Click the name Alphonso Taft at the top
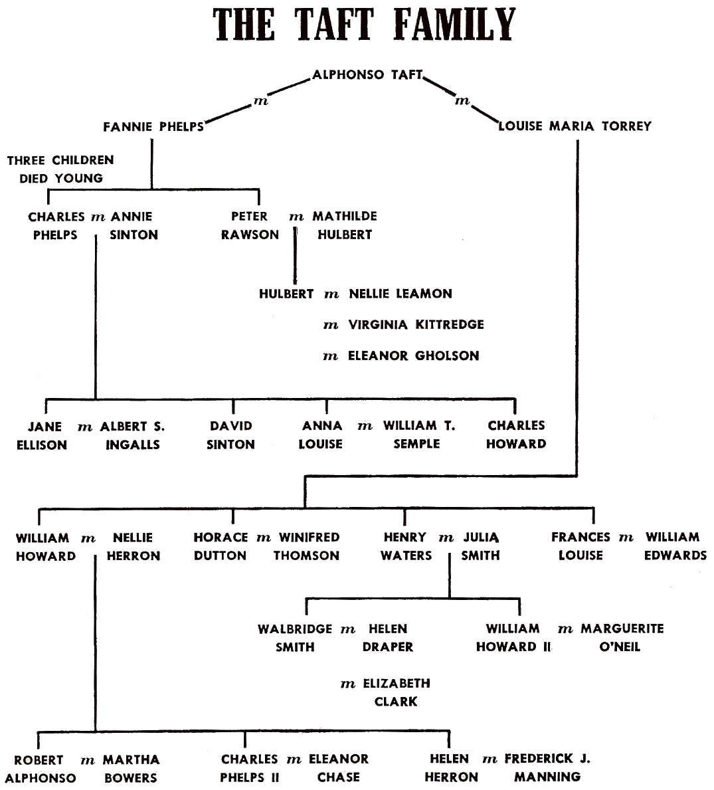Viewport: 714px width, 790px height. point(367,74)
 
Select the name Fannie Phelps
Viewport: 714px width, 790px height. point(153,126)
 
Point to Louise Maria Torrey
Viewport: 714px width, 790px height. point(575,126)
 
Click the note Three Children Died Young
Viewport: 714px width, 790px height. point(60,169)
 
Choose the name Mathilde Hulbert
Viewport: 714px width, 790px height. point(345,225)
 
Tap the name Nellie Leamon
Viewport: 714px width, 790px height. point(401,294)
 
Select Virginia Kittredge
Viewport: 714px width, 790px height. point(416,324)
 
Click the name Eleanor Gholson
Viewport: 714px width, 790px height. point(413,355)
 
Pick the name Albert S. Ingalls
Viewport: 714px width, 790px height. point(132,435)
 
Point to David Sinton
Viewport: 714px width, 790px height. point(230,435)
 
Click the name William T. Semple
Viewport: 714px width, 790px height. point(419,435)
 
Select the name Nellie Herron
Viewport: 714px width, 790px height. point(134,547)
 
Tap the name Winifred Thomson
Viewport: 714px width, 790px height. point(307,546)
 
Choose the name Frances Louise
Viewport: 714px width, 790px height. point(580,546)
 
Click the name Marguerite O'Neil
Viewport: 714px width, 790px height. point(622,637)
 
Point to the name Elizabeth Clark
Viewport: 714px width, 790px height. point(397,692)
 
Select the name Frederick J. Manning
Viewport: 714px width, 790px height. point(547,768)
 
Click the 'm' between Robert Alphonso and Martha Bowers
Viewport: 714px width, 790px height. point(88,761)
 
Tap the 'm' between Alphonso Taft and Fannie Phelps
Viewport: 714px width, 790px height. point(260,101)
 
